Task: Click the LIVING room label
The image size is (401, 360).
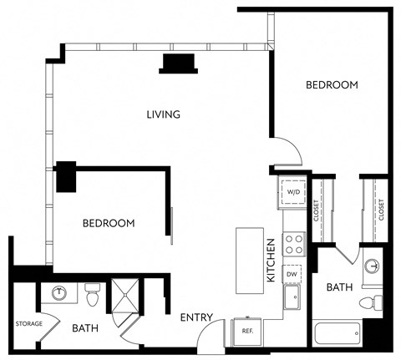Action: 163,114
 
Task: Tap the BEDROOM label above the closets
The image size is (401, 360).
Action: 332,85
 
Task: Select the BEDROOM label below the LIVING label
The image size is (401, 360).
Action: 109,223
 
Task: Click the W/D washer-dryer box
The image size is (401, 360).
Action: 293,192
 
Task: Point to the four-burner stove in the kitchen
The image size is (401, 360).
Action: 294,243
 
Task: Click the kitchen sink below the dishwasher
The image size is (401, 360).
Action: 293,297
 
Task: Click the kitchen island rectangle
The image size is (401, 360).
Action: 249,260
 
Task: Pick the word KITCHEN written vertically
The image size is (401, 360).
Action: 272,260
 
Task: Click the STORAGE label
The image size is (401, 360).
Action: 28,323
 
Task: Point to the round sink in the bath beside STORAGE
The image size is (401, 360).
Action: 60,293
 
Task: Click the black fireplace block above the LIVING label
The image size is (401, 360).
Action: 179,63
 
